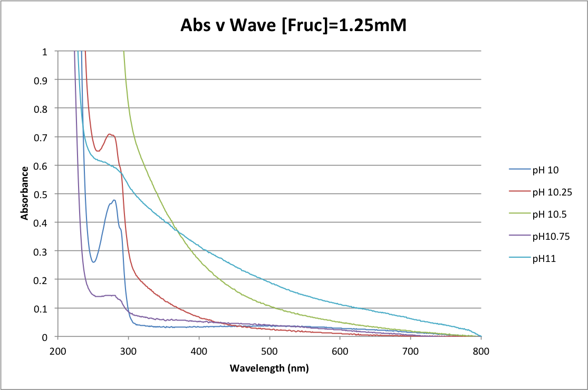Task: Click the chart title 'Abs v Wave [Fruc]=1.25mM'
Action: [294, 25]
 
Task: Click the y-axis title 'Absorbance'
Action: [24, 193]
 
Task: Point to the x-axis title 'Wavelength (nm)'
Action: [269, 368]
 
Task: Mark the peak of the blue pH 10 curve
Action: [114, 200]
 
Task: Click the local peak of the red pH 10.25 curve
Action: [110, 134]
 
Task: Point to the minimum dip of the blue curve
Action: [93, 262]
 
